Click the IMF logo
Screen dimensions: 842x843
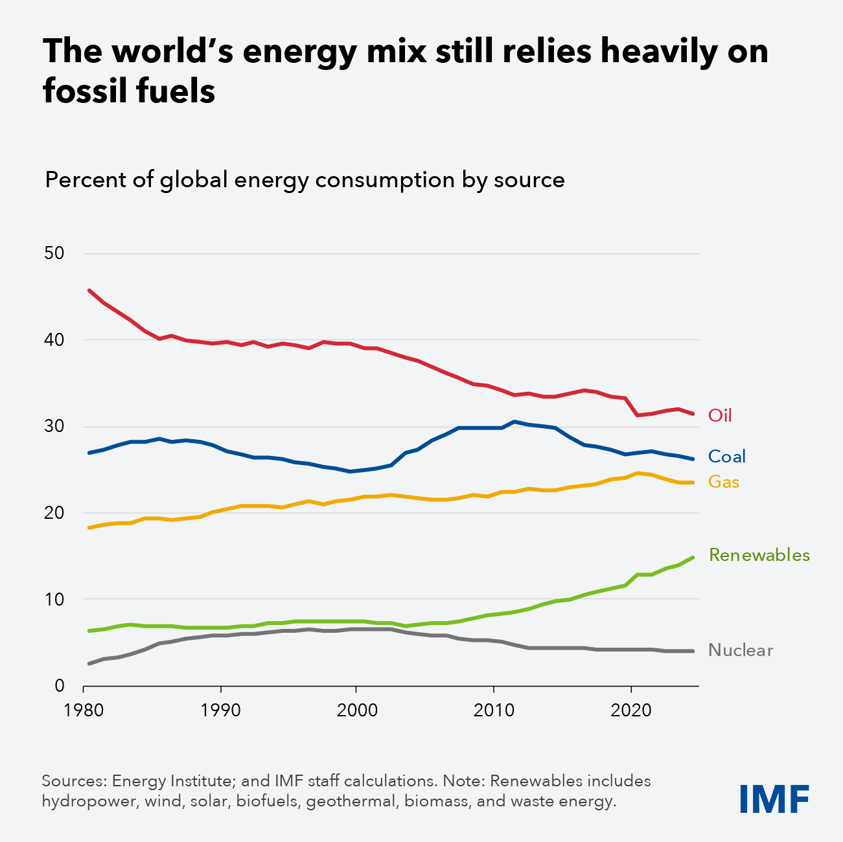[775, 799]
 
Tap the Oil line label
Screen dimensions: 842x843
[720, 415]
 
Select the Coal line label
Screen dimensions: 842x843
[726, 457]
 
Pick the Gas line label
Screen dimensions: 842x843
[724, 482]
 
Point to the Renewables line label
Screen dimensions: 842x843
[759, 555]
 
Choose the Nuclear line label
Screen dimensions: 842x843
[741, 650]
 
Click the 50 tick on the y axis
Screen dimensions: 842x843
[54, 253]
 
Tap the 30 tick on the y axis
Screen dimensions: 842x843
[54, 426]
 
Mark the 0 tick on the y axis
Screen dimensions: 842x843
[60, 685]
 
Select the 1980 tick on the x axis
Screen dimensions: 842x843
[84, 709]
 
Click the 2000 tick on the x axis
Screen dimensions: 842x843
[357, 709]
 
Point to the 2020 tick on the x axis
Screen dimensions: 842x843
[631, 709]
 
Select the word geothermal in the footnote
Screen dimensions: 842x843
[350, 801]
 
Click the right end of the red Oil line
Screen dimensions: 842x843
[693, 413]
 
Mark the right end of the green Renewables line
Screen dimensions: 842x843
[693, 558]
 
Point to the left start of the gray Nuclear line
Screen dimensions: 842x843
[89, 663]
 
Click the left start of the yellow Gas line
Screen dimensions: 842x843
[89, 528]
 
